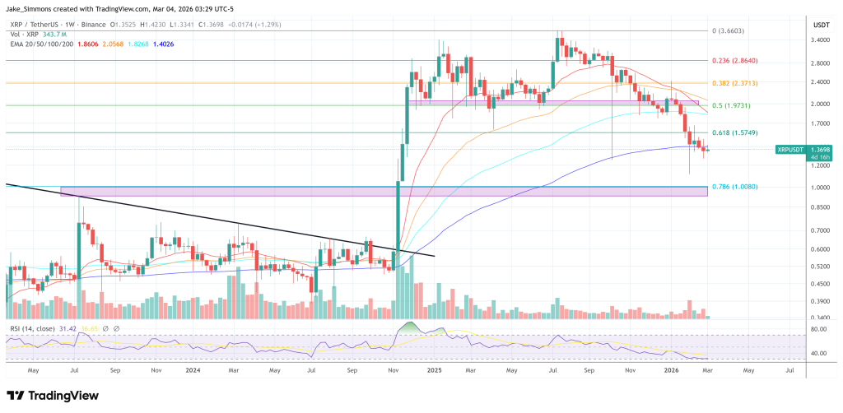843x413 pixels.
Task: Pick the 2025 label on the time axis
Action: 432,371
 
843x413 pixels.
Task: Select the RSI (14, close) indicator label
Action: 32,328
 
